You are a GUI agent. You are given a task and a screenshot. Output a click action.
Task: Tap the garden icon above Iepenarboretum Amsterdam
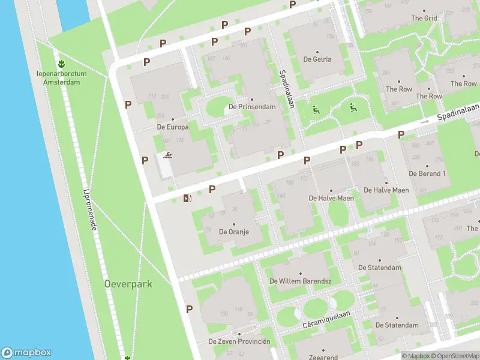click(61, 63)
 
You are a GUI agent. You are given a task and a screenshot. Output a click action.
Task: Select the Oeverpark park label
click(128, 284)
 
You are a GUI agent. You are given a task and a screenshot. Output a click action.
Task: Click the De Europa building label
click(173, 127)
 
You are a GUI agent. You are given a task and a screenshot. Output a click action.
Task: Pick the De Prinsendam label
click(252, 107)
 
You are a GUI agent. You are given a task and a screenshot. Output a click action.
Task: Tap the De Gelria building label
click(317, 59)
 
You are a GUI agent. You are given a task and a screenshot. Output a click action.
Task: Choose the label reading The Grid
click(424, 18)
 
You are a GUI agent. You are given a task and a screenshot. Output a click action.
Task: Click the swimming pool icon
click(167, 157)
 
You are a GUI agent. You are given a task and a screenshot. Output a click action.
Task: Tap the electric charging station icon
click(188, 198)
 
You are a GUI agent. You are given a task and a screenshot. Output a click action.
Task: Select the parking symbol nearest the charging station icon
click(212, 190)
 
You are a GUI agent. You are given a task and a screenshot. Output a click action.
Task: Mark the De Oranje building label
click(234, 231)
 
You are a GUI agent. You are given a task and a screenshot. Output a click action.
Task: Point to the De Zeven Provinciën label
click(239, 341)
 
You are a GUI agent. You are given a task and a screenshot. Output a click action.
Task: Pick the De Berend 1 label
click(427, 173)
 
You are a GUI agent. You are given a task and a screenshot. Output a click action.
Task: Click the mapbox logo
click(26, 353)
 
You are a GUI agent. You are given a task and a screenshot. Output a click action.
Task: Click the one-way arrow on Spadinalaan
click(425, 122)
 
